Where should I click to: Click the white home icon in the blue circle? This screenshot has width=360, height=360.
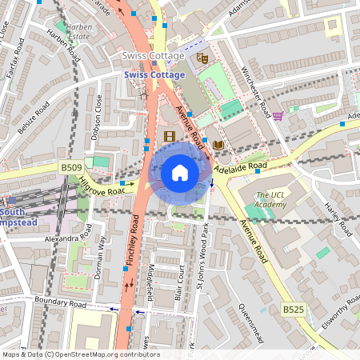click(x=180, y=173)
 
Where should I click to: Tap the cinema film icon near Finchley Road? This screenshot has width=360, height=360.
click(x=169, y=137)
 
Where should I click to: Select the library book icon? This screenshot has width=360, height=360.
click(x=218, y=144)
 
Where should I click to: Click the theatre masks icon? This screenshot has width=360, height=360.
click(x=202, y=58)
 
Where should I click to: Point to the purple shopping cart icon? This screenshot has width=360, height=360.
click(x=277, y=116)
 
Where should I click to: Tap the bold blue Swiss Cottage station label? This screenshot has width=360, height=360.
click(x=154, y=74)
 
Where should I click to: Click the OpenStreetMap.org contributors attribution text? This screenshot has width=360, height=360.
click(x=102, y=354)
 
